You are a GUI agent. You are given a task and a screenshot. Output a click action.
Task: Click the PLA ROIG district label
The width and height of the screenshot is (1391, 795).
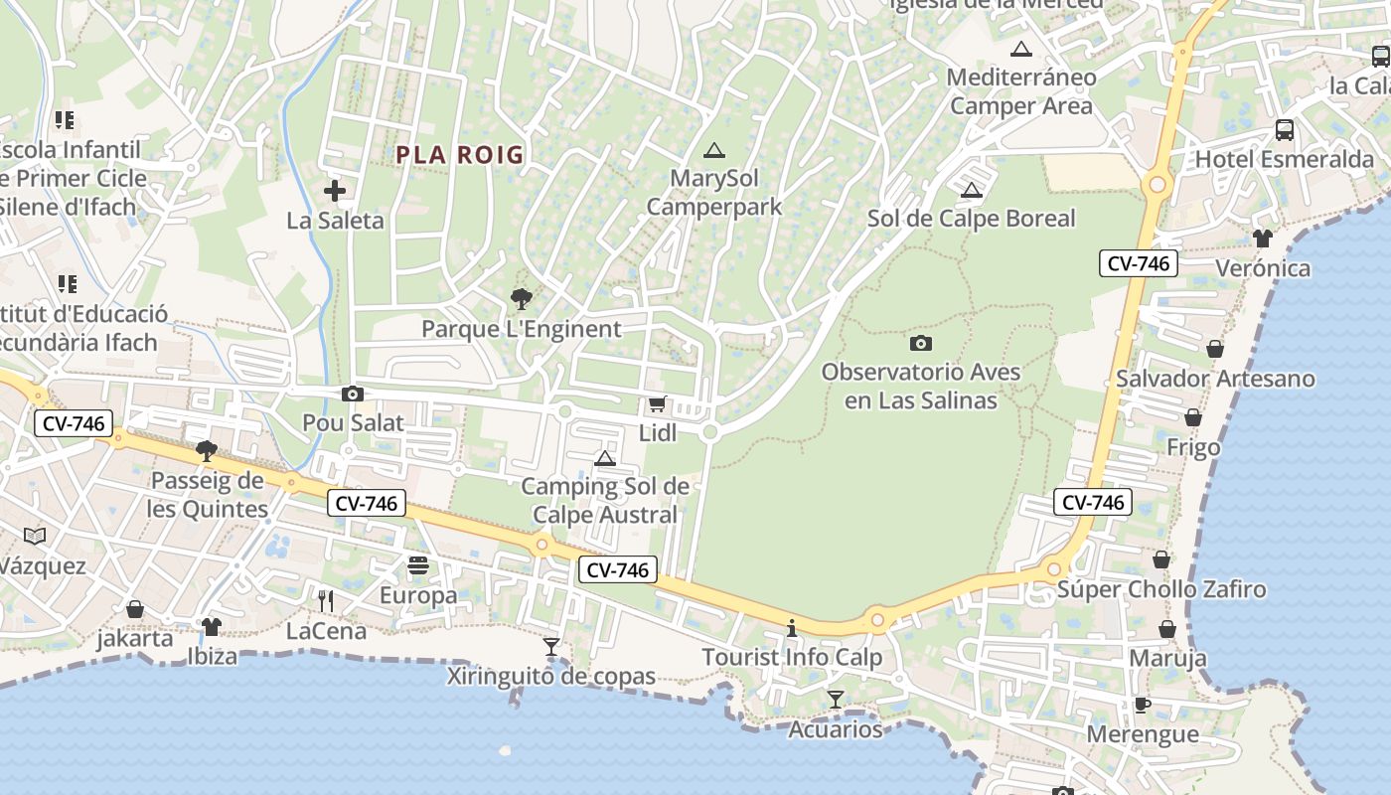(459, 155)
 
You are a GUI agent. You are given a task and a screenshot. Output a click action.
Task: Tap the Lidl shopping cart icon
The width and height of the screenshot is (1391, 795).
(657, 404)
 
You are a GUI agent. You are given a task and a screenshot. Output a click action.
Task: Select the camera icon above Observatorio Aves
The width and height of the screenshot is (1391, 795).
(921, 343)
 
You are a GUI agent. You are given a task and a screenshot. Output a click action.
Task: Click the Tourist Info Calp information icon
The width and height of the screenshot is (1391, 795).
(792, 628)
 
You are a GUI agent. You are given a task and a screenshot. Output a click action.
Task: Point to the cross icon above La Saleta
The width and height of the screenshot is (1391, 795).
(335, 191)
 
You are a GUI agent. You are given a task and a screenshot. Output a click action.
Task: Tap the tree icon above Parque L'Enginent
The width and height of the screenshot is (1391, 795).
(520, 298)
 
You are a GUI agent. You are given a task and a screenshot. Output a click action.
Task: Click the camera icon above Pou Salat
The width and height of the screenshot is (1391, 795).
(352, 395)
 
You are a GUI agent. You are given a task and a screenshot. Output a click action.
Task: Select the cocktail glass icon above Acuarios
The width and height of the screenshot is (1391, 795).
(836, 700)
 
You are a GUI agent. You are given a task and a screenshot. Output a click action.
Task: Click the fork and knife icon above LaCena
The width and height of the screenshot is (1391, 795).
(325, 600)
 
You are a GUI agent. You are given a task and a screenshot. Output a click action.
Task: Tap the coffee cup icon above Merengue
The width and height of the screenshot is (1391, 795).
(1143, 706)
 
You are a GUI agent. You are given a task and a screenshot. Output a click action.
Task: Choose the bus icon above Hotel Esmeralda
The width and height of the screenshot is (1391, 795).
(1284, 129)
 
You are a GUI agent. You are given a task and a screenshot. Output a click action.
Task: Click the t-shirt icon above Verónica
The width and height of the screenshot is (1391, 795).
(1262, 238)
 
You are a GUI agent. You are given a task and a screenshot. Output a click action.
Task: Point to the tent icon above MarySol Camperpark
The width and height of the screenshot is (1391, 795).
(713, 151)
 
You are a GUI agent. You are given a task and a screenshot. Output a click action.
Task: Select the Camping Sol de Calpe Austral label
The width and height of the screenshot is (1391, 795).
(605, 501)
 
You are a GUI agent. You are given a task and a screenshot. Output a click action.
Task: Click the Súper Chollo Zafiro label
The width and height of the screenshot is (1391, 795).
(1160, 589)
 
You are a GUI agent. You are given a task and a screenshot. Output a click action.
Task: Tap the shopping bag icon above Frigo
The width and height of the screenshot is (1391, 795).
(1192, 418)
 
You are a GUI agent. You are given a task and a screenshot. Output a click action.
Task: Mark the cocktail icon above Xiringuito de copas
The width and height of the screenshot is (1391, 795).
(551, 647)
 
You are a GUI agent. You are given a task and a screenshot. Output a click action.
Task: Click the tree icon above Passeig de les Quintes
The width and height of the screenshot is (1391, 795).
(207, 451)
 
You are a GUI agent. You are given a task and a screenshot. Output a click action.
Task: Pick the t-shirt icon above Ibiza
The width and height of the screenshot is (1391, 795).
(212, 627)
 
